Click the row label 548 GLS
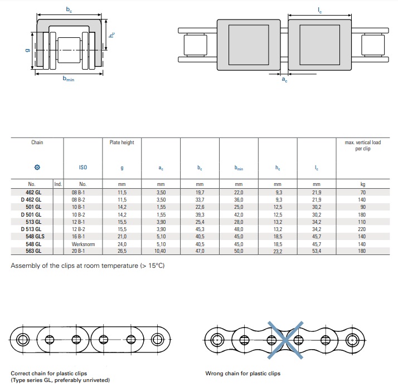coord(35,236)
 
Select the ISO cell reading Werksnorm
coord(83,244)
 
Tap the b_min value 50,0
coord(239,251)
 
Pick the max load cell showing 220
coord(362,229)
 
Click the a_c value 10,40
coord(160,251)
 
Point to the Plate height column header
coord(122,143)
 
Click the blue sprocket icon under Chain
coord(37,167)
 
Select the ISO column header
coord(83,168)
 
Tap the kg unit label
coord(363,184)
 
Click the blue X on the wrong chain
coord(285,340)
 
